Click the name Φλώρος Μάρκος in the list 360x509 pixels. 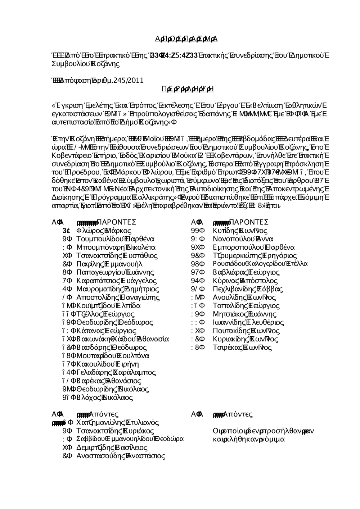(104, 231)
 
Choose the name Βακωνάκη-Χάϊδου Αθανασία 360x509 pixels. (123, 339)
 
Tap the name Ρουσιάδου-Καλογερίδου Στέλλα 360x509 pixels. (260, 264)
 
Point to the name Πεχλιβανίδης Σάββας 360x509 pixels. (248, 289)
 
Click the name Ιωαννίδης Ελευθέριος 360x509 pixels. (248, 322)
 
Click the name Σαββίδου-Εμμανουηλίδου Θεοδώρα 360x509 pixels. (130, 439)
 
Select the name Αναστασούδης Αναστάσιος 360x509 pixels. (121, 456)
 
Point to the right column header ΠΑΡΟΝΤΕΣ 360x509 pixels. (249, 222)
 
